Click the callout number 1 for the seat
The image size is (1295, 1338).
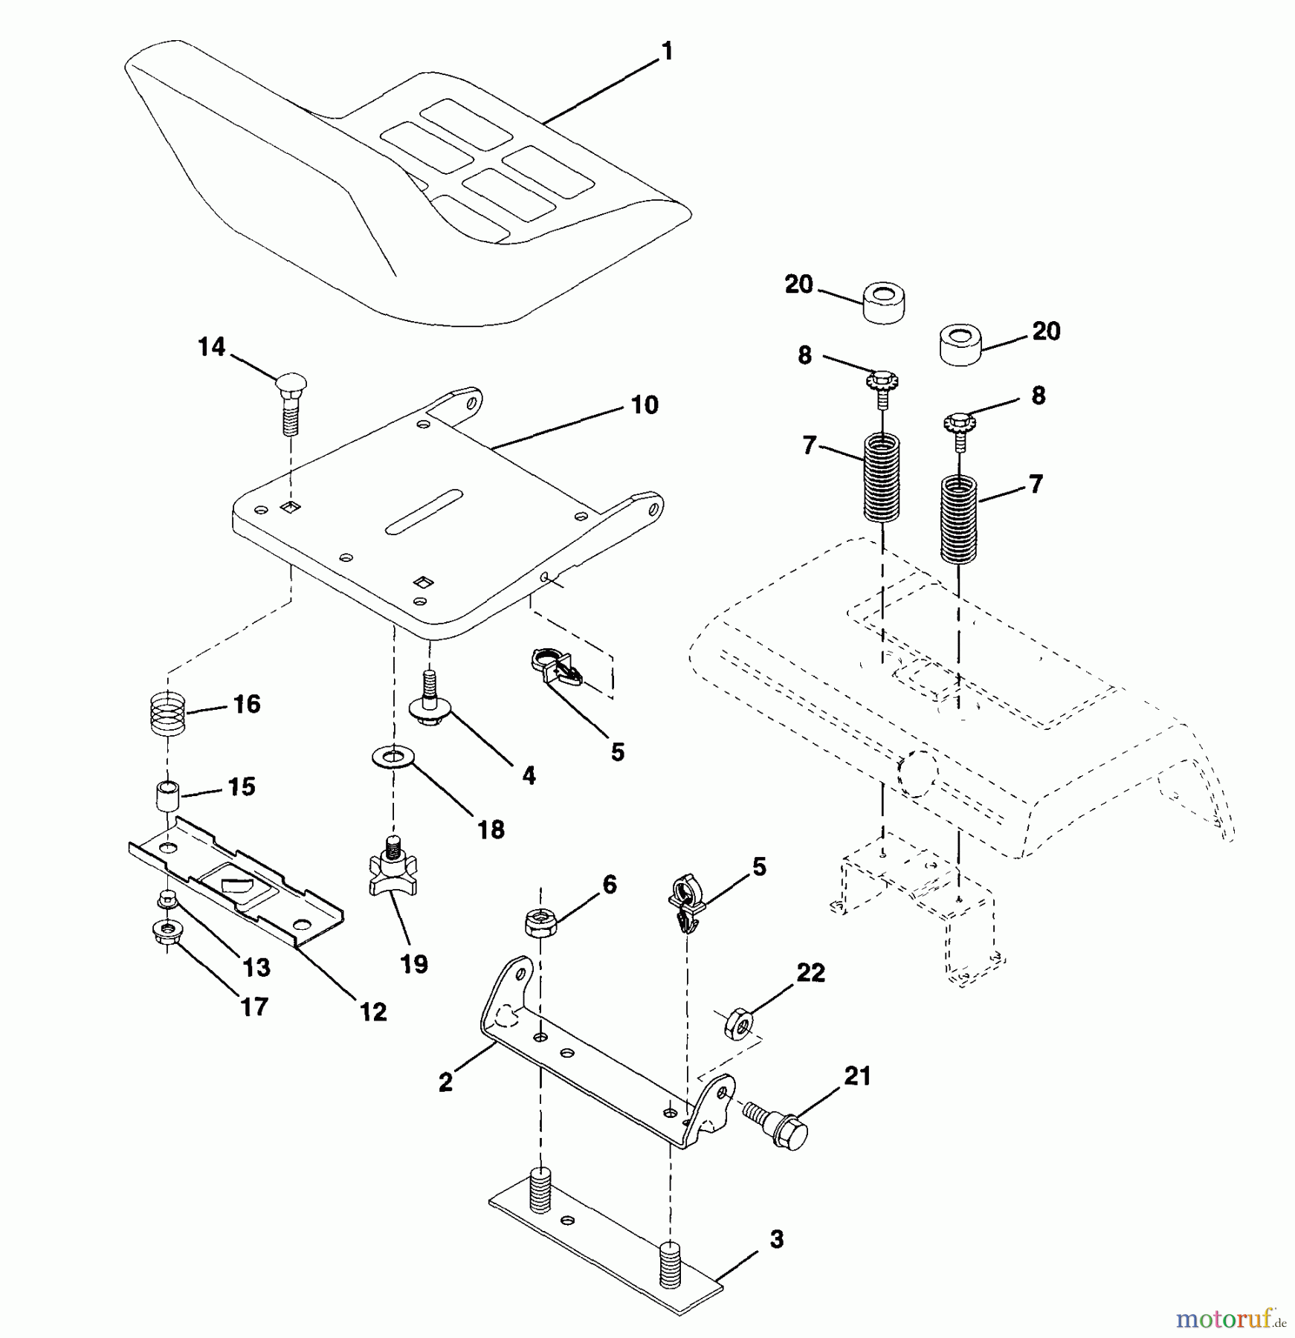tap(667, 51)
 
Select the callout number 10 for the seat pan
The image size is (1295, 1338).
tap(644, 405)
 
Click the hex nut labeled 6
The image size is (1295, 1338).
tap(540, 923)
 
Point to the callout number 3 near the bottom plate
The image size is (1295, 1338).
tap(776, 1239)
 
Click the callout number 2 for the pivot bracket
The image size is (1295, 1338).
tap(445, 1083)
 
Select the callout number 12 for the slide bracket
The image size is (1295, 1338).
tap(373, 1012)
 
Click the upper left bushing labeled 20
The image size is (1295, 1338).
tap(883, 302)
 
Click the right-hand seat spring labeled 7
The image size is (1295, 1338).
tap(959, 520)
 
